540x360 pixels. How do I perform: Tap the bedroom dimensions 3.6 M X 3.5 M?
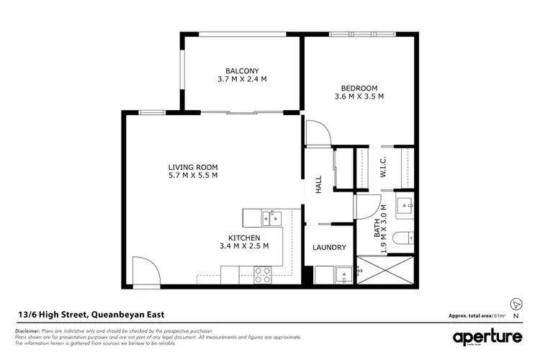358,96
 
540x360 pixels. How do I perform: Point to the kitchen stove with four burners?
262,274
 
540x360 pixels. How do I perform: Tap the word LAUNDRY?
329,248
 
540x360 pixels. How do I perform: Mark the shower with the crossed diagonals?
387,270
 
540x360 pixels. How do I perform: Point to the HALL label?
318,185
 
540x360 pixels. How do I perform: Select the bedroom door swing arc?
318,132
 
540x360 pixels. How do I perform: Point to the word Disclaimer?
27,330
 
